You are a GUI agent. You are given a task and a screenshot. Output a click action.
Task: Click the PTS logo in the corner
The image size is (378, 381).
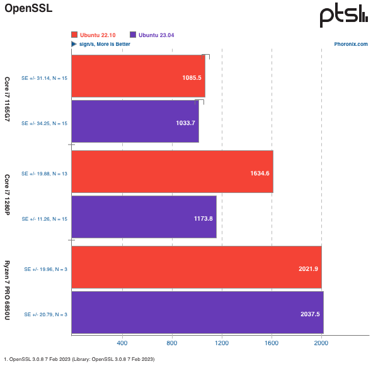tap(343, 15)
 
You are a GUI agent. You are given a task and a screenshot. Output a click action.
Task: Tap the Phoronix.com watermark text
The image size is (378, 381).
tap(352, 44)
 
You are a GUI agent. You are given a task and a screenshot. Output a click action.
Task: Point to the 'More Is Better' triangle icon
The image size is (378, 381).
tap(74, 44)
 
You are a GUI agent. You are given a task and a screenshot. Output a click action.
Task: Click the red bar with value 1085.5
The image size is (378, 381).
tap(138, 76)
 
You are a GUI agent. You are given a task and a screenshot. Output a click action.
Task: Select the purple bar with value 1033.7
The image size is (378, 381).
tap(135, 121)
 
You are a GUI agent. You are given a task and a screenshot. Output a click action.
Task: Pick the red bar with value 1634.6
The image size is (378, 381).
tap(172, 172)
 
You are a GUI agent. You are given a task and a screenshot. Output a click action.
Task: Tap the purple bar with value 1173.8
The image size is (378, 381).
tap(144, 217)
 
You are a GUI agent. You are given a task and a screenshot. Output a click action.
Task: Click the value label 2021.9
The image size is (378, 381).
tap(308, 268)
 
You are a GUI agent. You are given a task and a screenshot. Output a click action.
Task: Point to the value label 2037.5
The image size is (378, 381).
tap(309, 313)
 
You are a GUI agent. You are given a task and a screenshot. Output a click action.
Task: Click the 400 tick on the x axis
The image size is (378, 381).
tap(122, 343)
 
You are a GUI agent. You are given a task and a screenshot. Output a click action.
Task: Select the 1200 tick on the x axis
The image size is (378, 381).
tap(222, 343)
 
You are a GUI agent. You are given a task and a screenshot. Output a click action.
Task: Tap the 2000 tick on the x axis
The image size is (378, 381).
tap(321, 343)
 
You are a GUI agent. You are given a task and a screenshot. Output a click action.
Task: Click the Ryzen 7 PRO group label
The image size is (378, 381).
tap(8, 290)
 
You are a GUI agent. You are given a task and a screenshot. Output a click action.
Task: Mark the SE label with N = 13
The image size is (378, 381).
tap(44, 173)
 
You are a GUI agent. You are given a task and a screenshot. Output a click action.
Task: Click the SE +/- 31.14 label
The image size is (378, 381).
tap(44, 77)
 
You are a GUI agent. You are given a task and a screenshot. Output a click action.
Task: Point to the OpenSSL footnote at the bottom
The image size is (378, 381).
tap(79, 359)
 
